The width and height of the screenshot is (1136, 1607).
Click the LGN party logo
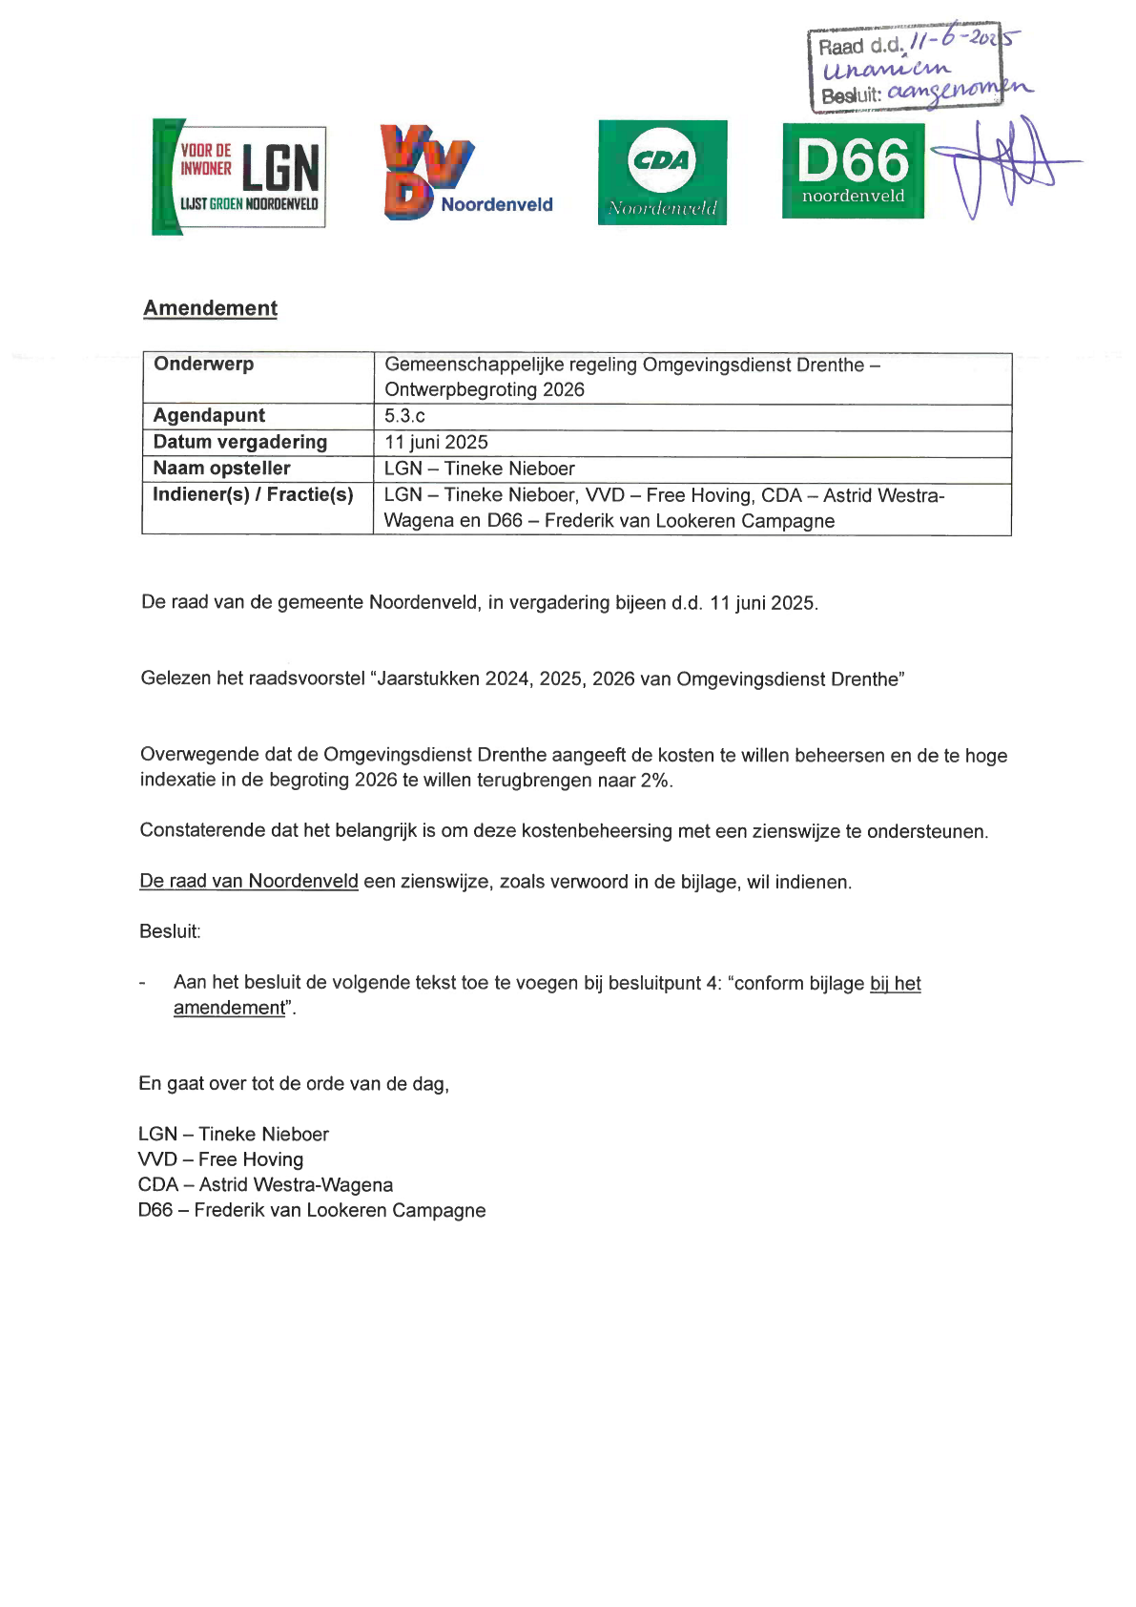[x=239, y=177]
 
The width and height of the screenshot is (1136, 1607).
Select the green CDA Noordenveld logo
[x=662, y=173]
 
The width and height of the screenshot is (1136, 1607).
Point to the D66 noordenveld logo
[x=853, y=171]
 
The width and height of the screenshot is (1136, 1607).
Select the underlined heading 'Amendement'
[x=210, y=308]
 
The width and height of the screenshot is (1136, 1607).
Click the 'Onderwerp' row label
[x=203, y=365]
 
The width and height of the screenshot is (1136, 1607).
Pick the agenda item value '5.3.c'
[x=404, y=416]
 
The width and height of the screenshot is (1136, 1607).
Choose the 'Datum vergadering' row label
[x=239, y=442]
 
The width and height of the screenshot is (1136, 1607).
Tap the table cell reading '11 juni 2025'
[x=436, y=443]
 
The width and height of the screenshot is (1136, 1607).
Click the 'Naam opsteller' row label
[x=221, y=469]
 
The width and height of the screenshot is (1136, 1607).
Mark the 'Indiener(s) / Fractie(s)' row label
[x=253, y=494]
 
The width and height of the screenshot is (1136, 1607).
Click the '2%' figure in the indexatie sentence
[x=656, y=781]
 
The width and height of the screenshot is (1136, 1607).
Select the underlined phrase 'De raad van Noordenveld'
[x=249, y=882]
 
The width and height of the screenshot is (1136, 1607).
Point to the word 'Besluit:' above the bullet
[x=170, y=932]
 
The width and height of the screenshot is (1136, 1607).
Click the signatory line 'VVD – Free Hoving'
[x=220, y=1159]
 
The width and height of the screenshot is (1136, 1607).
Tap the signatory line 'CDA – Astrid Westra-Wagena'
[x=265, y=1185]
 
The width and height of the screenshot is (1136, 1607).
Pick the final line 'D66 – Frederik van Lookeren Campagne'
[x=312, y=1211]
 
